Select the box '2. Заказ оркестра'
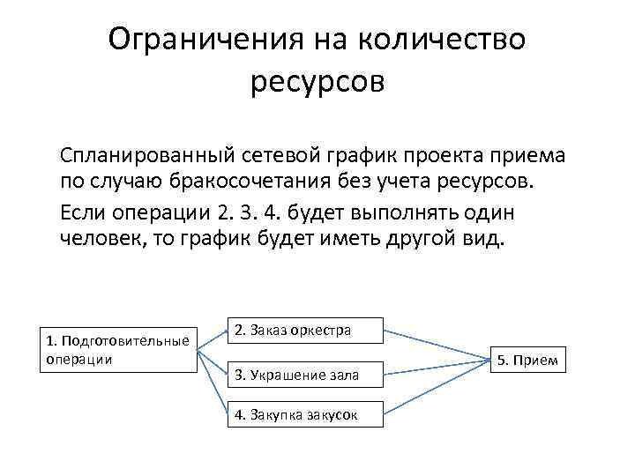[305, 331]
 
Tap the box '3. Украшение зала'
[305, 374]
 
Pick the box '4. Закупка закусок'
[305, 416]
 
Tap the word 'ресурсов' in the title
[317, 83]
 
